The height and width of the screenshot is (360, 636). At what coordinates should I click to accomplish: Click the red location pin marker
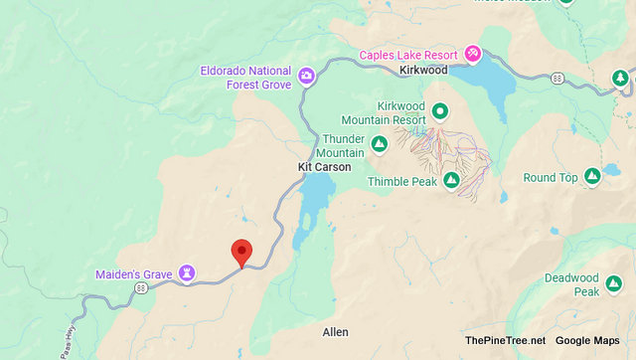[x=240, y=253]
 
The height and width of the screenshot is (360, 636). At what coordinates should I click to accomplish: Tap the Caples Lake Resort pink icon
[x=473, y=52]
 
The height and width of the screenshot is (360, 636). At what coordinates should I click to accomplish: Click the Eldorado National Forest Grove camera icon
[x=307, y=74]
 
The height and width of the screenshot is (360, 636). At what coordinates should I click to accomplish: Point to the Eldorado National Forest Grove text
[x=244, y=78]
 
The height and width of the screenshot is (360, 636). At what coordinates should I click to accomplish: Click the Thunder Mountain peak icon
[x=379, y=146]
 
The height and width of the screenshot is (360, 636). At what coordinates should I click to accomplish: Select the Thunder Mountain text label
[x=343, y=145]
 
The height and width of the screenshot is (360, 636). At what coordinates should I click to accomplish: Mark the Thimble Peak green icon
[x=451, y=181]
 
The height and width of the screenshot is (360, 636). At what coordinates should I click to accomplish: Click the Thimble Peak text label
[x=402, y=182]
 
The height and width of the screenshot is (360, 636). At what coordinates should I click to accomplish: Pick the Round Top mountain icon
[x=591, y=177]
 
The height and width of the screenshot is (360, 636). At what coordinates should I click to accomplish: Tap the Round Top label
[x=551, y=178]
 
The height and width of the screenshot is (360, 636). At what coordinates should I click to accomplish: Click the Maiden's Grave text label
[x=134, y=273]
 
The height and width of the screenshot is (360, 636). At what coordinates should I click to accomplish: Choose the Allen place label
[x=335, y=331]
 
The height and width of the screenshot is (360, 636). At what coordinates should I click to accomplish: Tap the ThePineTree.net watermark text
[x=504, y=341]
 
